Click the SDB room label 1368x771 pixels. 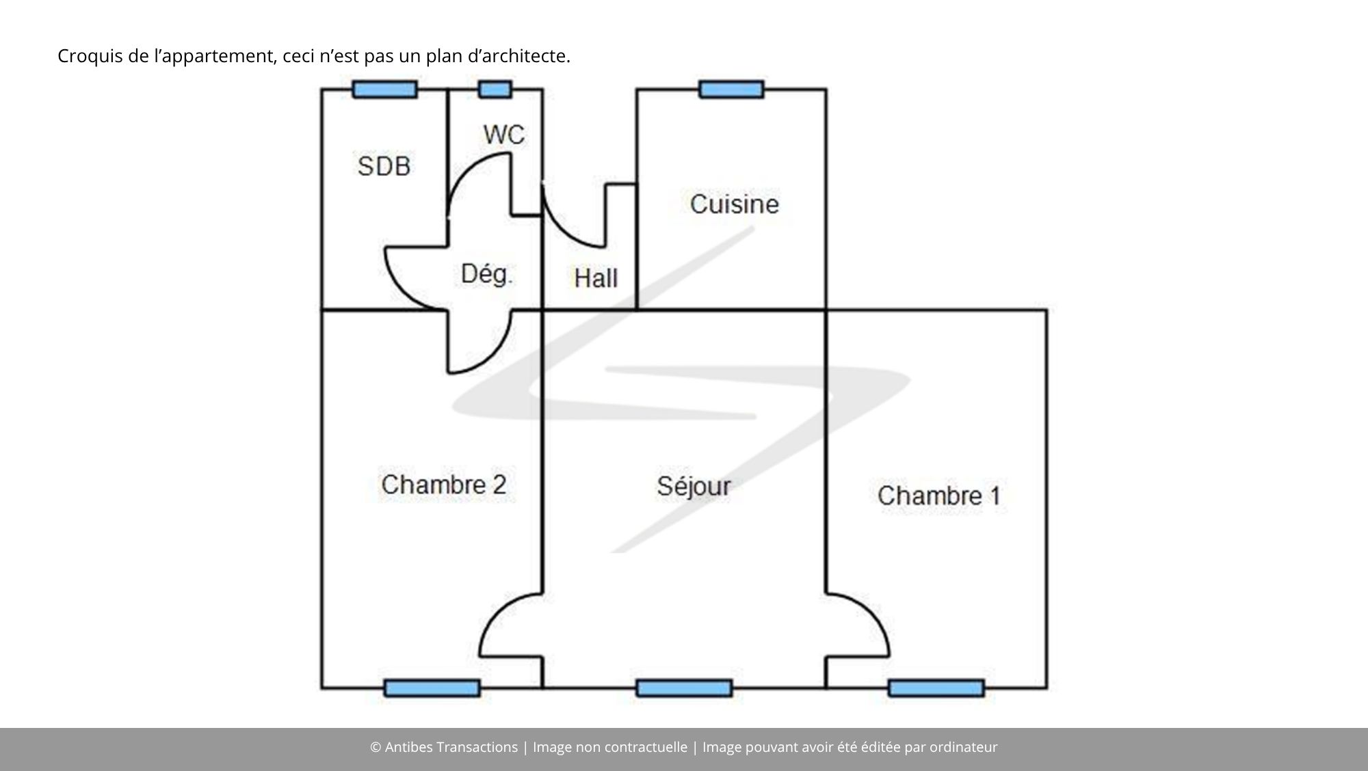[x=384, y=166]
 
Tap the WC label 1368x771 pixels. [x=504, y=135]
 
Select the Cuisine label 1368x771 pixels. [x=735, y=204]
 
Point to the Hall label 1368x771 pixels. [x=596, y=278]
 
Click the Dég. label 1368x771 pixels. [x=486, y=274]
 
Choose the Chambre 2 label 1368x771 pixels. [x=443, y=485]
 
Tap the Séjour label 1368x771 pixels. [x=694, y=487]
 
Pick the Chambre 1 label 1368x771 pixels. [x=938, y=496]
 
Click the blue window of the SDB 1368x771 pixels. [x=385, y=90]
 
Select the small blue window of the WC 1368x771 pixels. [x=495, y=90]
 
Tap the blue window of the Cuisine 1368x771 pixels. [x=731, y=90]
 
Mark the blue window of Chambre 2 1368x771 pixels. [x=432, y=688]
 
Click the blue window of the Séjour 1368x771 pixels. [x=684, y=688]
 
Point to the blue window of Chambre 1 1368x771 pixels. [x=936, y=688]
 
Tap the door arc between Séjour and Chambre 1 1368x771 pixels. [x=872, y=613]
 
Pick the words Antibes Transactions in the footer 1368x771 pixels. [x=451, y=747]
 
